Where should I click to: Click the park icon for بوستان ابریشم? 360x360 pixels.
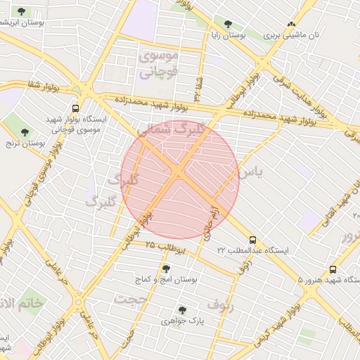coord(21,11)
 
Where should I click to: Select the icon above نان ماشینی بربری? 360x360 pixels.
coord(291,24)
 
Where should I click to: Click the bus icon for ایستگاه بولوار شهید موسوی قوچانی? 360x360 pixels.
coord(75,108)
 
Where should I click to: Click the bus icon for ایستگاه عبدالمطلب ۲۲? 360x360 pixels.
coord(252,239)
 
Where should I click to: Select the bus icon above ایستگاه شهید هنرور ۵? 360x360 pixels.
coord(333,269)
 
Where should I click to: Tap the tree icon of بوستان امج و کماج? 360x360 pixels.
coord(166,269)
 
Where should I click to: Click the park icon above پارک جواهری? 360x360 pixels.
coord(182,309)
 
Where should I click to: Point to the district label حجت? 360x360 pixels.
coord(132,299)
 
